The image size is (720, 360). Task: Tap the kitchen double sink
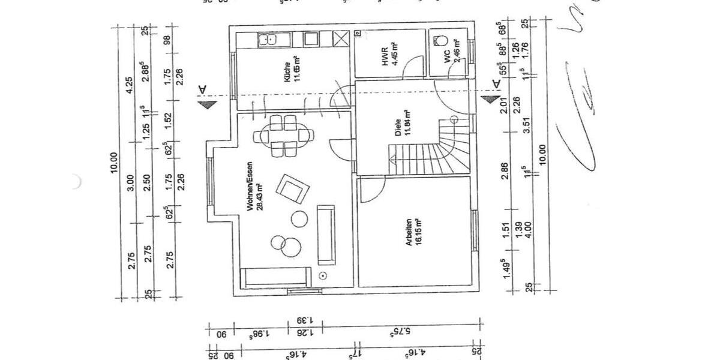tap(267, 40)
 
